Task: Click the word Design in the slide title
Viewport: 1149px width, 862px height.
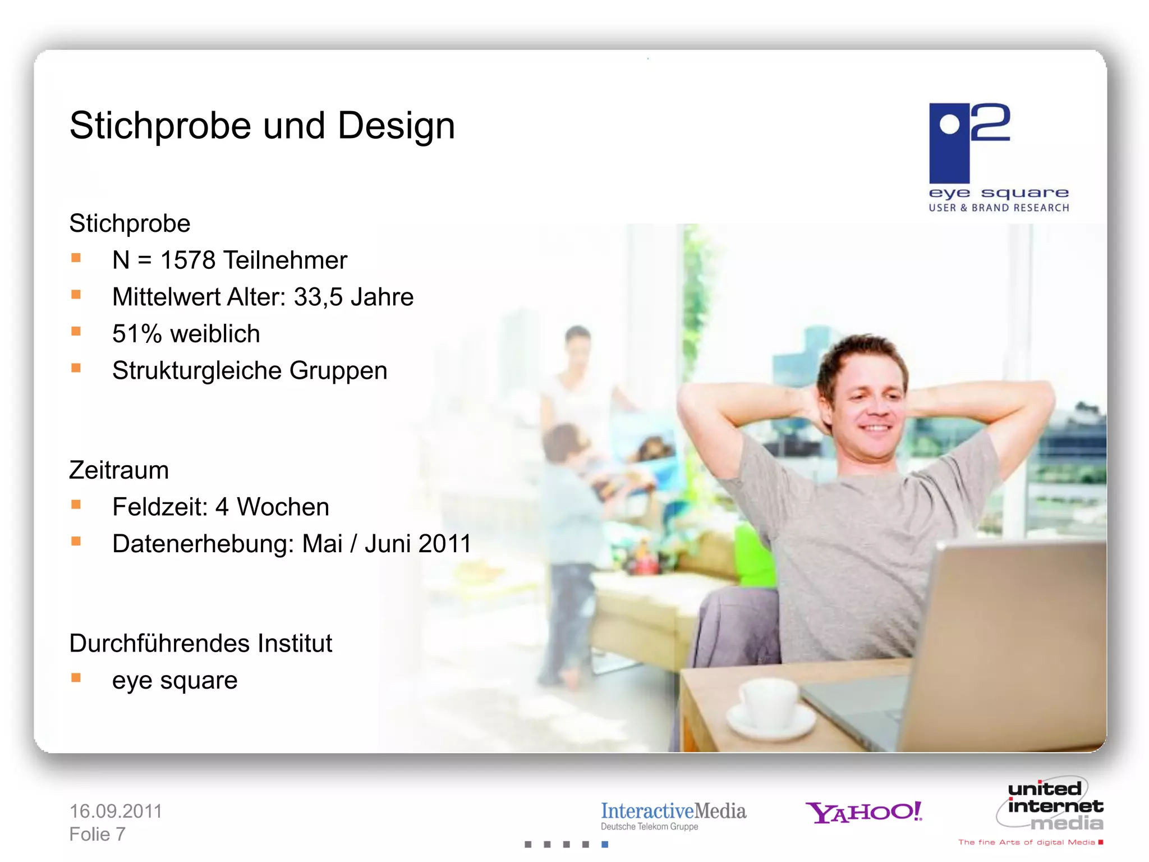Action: pos(396,126)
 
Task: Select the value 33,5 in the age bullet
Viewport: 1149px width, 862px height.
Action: pos(318,297)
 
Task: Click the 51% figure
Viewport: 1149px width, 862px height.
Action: pos(137,334)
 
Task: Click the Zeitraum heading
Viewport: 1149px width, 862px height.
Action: pos(119,470)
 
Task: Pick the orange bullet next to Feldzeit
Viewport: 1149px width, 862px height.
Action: pos(76,505)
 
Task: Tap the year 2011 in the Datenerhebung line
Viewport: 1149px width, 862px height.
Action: pos(444,544)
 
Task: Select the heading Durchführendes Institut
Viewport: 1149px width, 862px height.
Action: pos(200,644)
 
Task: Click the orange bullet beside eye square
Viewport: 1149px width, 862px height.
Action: pos(76,678)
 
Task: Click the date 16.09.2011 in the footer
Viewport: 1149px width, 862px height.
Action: pos(116,811)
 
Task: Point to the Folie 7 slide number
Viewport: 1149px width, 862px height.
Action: pos(97,835)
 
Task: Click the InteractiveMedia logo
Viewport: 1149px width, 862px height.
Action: pos(673,815)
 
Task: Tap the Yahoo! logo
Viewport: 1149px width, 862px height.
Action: pos(863,812)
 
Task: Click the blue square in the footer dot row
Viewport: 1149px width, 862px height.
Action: pos(605,844)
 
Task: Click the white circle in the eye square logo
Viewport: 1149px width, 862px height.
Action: pos(949,125)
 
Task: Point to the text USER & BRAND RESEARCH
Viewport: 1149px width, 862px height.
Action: pos(999,208)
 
